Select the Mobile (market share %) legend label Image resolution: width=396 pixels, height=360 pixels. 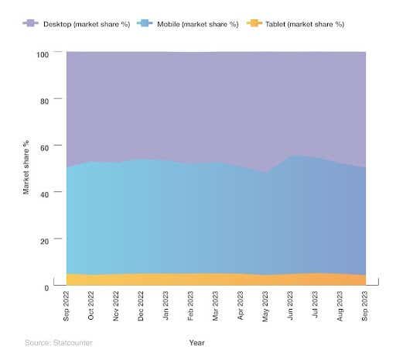point(189,24)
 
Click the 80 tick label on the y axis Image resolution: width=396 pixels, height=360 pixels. point(44,101)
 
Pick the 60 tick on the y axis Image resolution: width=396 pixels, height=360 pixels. point(44,147)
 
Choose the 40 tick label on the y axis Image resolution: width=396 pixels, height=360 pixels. point(44,194)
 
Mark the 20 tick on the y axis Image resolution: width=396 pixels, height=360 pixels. point(44,241)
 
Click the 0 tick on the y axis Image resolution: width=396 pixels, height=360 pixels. point(46,287)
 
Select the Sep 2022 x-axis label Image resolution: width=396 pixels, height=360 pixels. point(67,307)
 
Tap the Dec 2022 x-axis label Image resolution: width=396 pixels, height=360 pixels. point(142,307)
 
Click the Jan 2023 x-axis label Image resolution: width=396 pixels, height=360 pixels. point(166,307)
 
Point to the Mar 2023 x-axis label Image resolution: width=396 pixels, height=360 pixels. point(217,307)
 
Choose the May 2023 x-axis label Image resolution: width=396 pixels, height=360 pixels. point(266,307)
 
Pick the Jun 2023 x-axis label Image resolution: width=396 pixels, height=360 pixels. point(291,307)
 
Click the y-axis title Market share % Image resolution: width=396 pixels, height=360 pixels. point(26,167)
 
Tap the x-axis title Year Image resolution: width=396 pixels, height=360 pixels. point(196,341)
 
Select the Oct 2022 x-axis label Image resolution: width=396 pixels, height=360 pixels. point(92,307)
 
